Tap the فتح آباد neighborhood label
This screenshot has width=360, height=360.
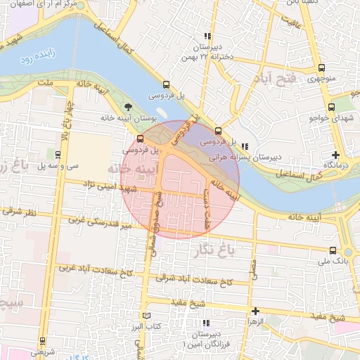click(x=280, y=79)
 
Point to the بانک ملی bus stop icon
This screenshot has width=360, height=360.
click(x=332, y=250)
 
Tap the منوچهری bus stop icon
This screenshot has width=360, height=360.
click(x=321, y=68)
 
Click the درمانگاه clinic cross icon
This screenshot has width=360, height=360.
click(x=335, y=155)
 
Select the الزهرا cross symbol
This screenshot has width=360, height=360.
click(x=255, y=310)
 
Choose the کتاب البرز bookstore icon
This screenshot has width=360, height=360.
click(x=146, y=316)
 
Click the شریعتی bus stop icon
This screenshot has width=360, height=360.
click(x=42, y=341)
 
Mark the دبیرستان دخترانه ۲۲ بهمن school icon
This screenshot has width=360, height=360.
click(x=207, y=36)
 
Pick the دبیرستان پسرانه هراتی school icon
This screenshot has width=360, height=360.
click(x=244, y=146)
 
